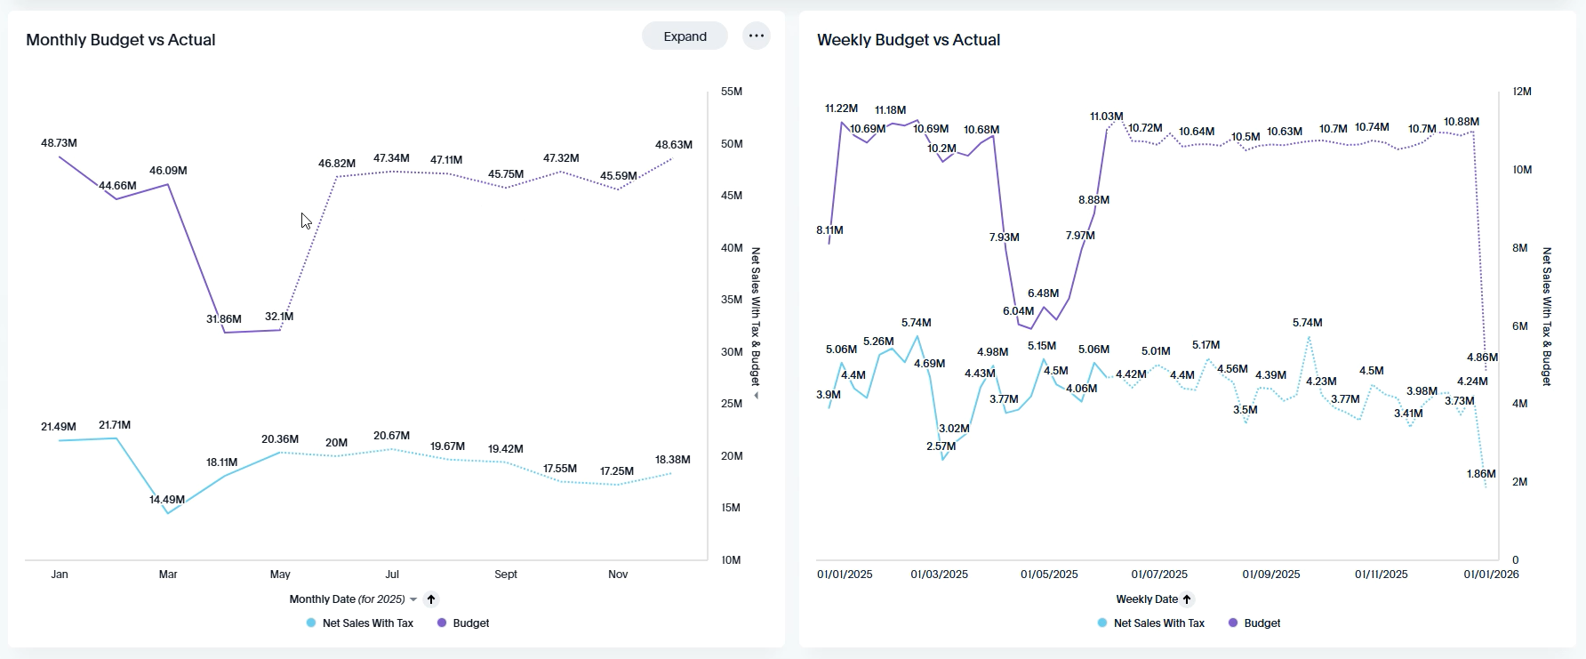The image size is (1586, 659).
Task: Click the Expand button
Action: [685, 36]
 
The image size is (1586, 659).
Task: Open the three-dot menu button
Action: [757, 36]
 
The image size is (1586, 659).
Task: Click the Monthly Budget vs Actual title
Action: [121, 40]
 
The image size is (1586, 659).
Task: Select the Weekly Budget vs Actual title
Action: [909, 40]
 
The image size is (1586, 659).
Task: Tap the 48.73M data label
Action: [59, 143]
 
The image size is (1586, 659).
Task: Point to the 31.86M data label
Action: [224, 319]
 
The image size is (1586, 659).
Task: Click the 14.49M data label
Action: [167, 500]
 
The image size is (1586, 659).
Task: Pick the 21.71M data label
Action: [115, 425]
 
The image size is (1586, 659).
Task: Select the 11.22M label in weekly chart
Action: [841, 108]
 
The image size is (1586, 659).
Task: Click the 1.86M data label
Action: [1481, 474]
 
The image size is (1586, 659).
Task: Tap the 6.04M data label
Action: [1018, 311]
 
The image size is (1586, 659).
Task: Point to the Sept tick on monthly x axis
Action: [506, 575]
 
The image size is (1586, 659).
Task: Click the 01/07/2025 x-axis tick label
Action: [1159, 575]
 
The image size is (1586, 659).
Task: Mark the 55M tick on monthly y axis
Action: [732, 92]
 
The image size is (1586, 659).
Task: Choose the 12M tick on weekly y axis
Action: [1522, 92]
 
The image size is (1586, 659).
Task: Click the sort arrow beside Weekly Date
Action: [1187, 599]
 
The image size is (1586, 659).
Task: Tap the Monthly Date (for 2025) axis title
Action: [347, 599]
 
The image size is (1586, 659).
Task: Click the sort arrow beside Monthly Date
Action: [431, 599]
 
